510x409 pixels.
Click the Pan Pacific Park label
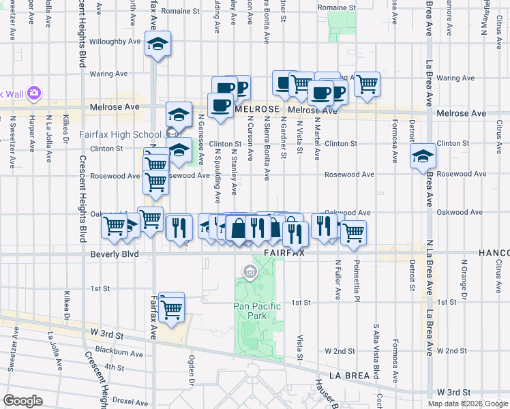click(257, 312)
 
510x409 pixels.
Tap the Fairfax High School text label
click(120, 134)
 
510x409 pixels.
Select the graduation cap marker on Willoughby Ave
click(157, 45)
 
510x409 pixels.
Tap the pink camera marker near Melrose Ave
click(33, 93)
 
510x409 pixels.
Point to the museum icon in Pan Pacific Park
click(250, 274)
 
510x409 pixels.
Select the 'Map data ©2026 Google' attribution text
click(468, 404)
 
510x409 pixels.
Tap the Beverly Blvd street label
click(114, 254)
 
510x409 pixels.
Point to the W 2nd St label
click(341, 351)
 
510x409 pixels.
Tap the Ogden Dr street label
click(194, 370)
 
